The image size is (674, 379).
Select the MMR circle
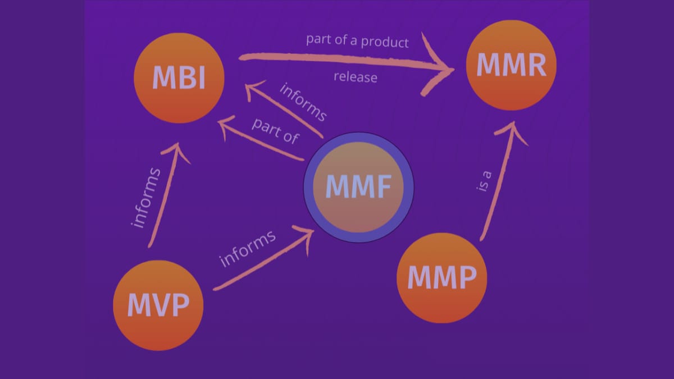click(x=511, y=65)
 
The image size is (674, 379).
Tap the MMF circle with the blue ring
click(x=358, y=188)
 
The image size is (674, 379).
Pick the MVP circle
click(x=158, y=305)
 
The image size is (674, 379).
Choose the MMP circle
click(x=441, y=277)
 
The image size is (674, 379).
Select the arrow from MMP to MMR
click(x=497, y=185)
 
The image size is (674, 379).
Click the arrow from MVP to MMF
click(x=264, y=261)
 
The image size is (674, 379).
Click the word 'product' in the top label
click(x=385, y=42)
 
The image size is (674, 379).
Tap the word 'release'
click(x=355, y=77)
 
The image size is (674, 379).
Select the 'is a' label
click(x=484, y=181)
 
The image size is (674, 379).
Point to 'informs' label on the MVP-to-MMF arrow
click(x=248, y=248)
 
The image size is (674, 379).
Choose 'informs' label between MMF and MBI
click(x=303, y=102)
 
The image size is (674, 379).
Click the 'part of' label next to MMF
click(x=275, y=131)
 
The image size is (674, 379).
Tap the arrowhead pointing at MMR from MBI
click(x=441, y=69)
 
